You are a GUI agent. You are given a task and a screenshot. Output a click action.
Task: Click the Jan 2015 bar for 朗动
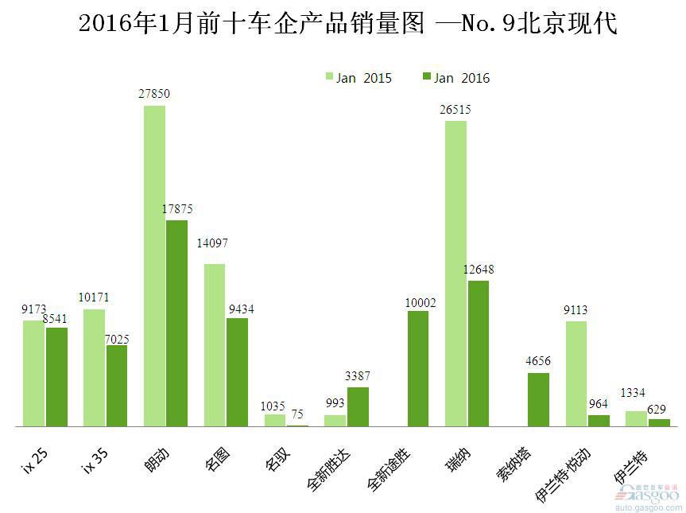(x=154, y=266)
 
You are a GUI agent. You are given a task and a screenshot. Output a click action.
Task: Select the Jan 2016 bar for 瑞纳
(x=479, y=354)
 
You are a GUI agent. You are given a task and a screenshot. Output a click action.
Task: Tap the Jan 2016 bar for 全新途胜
(x=418, y=369)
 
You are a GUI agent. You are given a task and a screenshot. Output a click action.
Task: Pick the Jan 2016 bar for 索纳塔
(x=538, y=400)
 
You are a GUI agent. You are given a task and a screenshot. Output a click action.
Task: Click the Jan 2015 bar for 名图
(x=215, y=345)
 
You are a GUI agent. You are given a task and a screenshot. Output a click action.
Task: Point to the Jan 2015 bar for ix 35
(x=94, y=367)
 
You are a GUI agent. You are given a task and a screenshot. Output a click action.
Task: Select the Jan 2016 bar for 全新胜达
(x=358, y=407)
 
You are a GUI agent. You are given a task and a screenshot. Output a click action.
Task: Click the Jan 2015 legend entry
(x=359, y=78)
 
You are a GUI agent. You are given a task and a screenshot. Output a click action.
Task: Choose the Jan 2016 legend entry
(x=456, y=78)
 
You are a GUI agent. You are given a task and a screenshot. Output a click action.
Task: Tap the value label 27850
(x=154, y=94)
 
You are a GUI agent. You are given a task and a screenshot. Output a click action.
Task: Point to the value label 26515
(x=455, y=110)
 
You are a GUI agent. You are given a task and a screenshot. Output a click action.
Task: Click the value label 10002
(x=420, y=302)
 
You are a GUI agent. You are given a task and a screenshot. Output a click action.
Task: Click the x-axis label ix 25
(x=34, y=458)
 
